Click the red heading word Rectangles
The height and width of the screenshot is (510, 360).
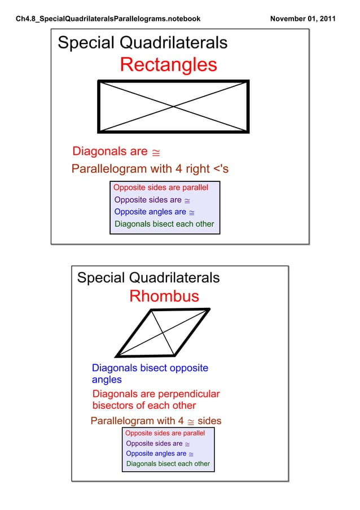click(168, 65)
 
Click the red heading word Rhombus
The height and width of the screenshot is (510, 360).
click(164, 296)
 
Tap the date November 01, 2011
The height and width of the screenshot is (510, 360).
click(303, 19)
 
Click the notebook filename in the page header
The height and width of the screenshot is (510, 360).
click(108, 19)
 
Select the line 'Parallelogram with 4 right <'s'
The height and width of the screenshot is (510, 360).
click(150, 169)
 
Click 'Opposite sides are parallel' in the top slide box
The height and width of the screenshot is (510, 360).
click(161, 188)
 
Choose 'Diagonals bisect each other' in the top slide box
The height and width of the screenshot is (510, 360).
click(164, 224)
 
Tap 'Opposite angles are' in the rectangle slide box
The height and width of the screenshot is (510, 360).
click(150, 212)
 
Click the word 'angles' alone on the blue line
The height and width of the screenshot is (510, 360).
click(107, 380)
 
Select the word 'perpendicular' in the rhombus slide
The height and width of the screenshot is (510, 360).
click(189, 394)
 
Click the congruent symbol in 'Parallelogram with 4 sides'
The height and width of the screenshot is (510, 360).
click(191, 421)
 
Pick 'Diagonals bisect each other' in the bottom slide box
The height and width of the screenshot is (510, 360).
click(168, 464)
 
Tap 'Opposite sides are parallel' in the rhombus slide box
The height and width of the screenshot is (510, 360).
click(165, 433)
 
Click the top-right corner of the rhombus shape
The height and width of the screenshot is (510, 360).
click(209, 309)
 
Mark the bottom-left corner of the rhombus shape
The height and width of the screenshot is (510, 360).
click(116, 356)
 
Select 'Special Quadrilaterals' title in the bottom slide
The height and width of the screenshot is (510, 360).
click(148, 278)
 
